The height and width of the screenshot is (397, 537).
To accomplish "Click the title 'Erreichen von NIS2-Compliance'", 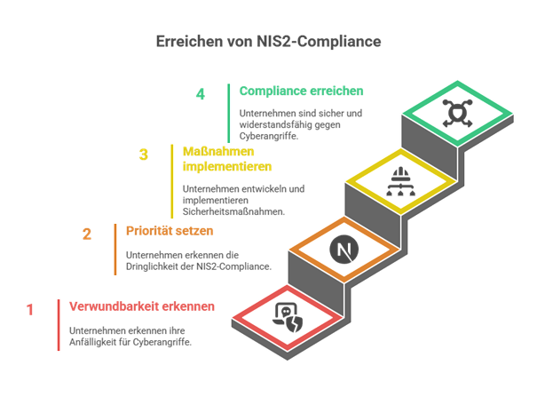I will [x=268, y=42].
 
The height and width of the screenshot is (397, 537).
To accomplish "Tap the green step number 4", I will [x=201, y=95].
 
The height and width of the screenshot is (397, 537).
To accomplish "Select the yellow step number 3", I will [x=143, y=155].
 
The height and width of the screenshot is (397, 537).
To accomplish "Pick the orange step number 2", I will [x=87, y=234].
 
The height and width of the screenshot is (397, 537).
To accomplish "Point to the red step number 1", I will [x=30, y=310].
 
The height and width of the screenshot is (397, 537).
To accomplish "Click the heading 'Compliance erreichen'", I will [x=288, y=91].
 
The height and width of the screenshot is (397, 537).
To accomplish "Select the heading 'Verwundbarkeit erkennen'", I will [x=142, y=306].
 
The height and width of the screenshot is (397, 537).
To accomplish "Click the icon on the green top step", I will [x=457, y=114].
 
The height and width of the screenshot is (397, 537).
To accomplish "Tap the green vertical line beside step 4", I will [x=228, y=114].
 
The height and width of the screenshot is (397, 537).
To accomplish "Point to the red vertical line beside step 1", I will [x=59, y=325].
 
